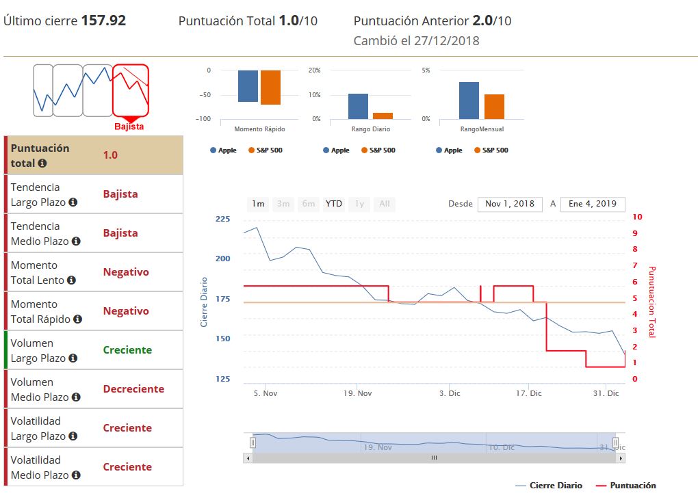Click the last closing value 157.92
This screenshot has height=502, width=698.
(103, 21)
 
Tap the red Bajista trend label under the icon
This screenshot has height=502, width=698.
(129, 127)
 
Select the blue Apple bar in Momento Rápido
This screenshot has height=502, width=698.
(248, 86)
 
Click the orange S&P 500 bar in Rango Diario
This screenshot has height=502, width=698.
(383, 116)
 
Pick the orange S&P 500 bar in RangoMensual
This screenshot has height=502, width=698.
(494, 107)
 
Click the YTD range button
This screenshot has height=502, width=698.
(334, 204)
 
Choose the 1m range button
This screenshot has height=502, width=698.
(258, 204)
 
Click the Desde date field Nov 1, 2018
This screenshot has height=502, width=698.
(510, 204)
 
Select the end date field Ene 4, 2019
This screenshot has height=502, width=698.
(593, 204)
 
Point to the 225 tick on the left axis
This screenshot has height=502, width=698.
(223, 220)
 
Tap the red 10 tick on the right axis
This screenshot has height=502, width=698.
(638, 217)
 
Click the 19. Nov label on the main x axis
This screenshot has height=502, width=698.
(358, 393)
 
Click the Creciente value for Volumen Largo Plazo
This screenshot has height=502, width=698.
(127, 350)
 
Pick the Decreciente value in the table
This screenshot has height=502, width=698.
(133, 389)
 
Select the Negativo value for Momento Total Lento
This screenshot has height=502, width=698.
(126, 272)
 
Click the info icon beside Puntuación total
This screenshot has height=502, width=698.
(42, 163)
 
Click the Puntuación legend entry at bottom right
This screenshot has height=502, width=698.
(632, 486)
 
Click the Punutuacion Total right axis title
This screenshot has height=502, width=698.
(651, 302)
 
